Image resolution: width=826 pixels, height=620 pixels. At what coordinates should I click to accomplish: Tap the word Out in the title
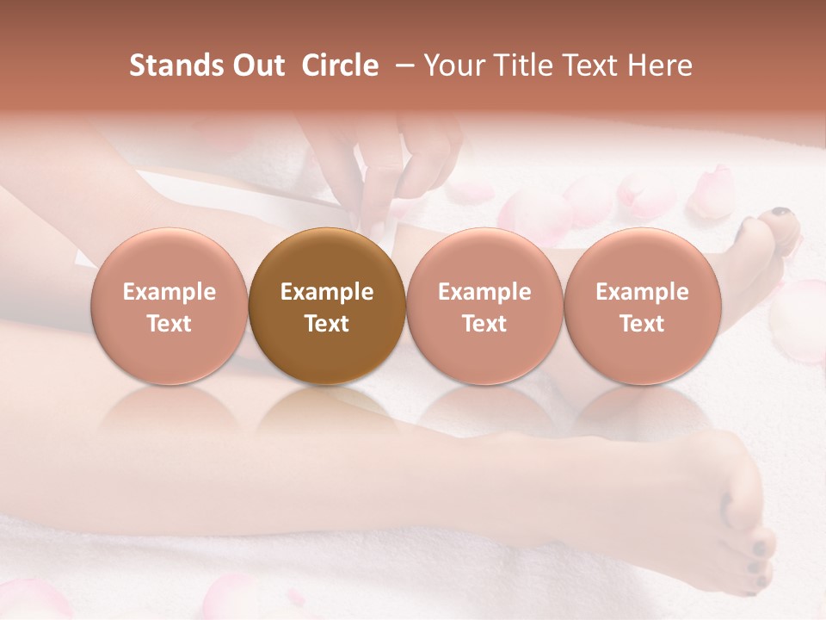coord(256,65)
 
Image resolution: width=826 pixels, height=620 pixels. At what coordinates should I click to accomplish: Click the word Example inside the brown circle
coord(327,292)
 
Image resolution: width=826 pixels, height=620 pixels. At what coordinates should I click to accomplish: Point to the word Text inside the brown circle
coord(327,324)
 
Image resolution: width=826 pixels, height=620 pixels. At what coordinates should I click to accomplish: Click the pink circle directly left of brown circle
coord(170,306)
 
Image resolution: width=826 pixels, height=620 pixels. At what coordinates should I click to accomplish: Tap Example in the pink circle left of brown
coord(170,292)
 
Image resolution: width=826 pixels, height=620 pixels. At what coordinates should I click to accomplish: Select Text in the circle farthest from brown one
coord(642,324)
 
